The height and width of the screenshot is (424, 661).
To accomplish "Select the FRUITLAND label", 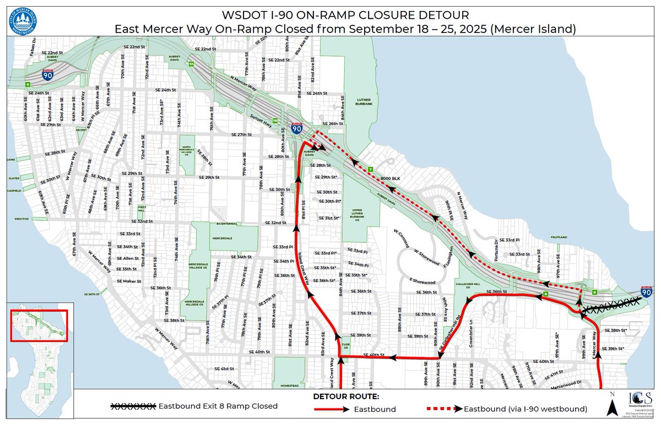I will [558, 237].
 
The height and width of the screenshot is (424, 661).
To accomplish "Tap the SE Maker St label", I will [130, 281].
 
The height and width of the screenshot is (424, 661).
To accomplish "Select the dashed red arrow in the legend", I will [444, 409].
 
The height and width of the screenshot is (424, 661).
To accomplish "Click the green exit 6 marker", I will [28, 84].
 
